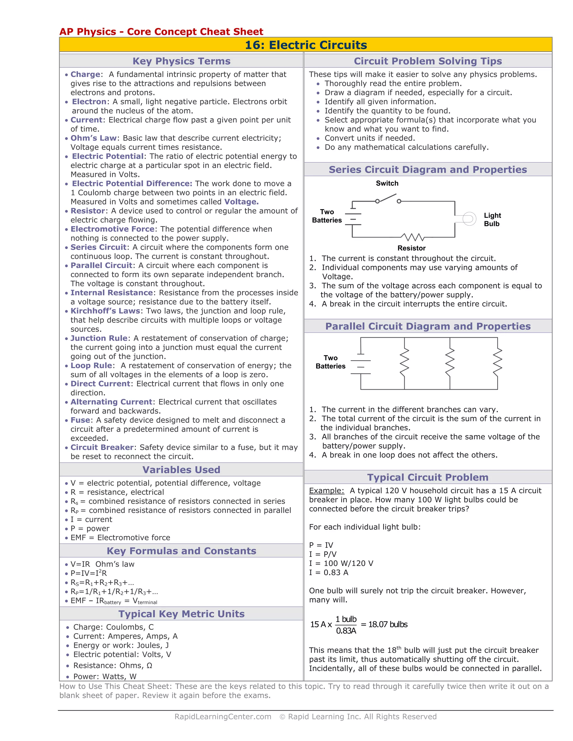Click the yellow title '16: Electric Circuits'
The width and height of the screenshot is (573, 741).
306,45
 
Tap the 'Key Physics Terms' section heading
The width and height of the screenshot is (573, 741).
181,61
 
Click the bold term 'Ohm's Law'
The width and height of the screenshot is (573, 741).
93,138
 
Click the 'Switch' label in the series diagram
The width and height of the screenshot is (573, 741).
387,183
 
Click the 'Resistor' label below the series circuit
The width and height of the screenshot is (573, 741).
411,248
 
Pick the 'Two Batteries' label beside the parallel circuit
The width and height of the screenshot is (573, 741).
330,362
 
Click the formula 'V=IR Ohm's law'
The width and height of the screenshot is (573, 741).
102,564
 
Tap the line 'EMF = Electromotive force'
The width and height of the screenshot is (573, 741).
120,537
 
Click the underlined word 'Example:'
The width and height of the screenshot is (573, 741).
326,491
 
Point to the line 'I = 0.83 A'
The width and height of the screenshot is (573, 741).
328,572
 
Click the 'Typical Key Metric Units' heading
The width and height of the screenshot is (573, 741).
181,614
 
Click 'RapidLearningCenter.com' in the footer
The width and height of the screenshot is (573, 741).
223,717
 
